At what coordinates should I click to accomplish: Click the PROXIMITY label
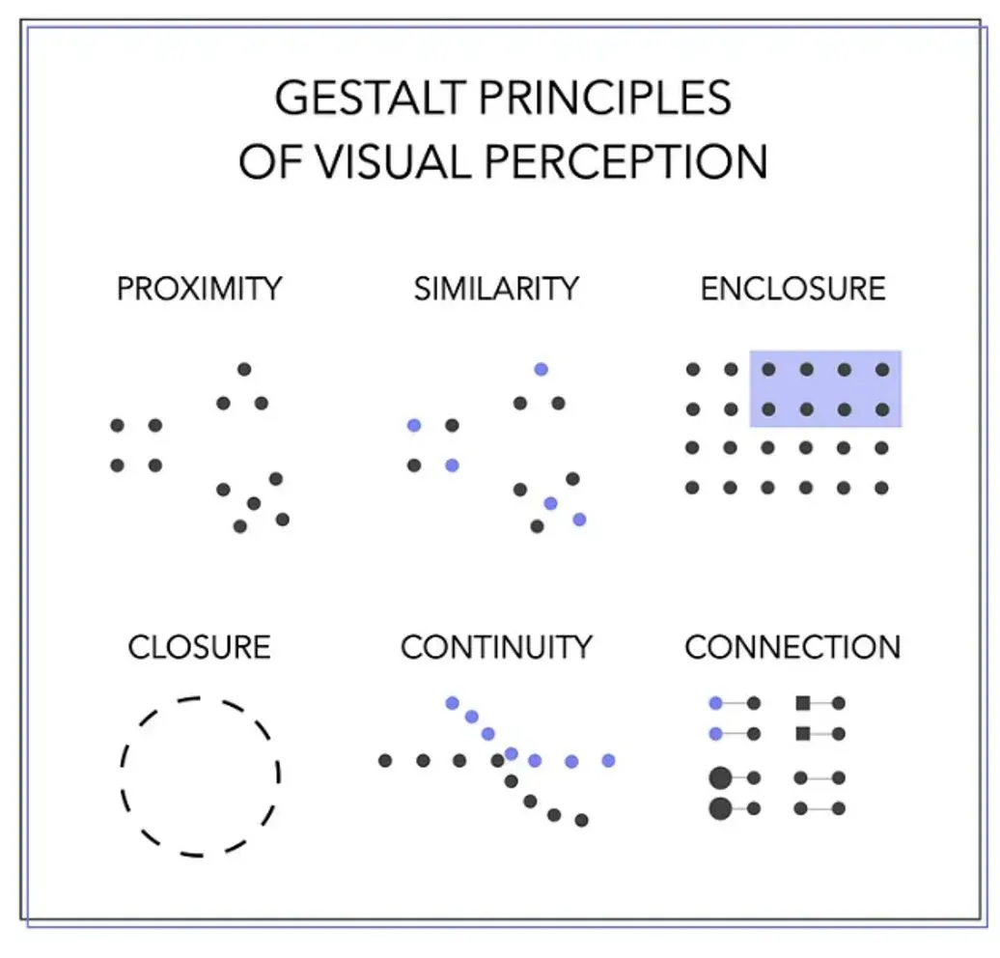coord(200,289)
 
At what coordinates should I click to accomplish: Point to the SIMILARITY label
coord(496,289)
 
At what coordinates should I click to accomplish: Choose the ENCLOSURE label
coord(792,289)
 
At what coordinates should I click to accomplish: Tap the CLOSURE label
coord(200,646)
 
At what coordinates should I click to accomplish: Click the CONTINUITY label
coord(496,646)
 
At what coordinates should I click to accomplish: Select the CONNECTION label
coord(792,646)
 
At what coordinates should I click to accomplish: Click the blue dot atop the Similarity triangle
coord(541,369)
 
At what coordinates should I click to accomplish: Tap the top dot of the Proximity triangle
coord(244,369)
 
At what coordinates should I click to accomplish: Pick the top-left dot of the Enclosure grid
coord(692,369)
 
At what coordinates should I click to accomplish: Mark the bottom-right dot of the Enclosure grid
coord(881,488)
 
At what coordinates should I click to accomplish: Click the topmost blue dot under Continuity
coord(452,702)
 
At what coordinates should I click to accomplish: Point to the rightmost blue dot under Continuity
coord(608,760)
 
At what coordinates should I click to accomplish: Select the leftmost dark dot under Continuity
coord(385,760)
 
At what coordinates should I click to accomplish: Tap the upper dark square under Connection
coord(802,703)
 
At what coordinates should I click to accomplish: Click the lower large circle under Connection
coord(720,808)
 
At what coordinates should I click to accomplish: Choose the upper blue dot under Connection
coord(715,703)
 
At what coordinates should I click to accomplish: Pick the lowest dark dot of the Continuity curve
coord(581,820)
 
